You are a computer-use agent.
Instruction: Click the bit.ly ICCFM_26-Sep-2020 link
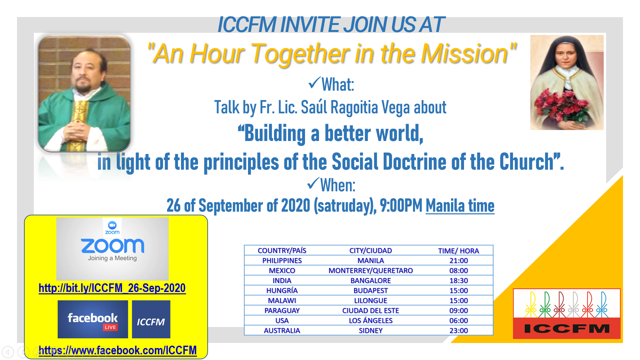[112, 288]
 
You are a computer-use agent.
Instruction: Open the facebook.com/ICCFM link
[118, 350]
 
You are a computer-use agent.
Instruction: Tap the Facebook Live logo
[93, 319]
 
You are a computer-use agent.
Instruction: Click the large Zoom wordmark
[113, 246]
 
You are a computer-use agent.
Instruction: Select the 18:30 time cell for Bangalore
[459, 281]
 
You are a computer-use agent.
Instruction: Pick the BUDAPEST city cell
[371, 291]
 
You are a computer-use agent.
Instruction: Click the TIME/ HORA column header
[459, 251]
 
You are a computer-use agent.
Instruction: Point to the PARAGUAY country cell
[282, 311]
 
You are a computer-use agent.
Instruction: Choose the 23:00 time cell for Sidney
[459, 331]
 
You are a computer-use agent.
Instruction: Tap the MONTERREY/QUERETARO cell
[371, 271]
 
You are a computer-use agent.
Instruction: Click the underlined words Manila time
[460, 206]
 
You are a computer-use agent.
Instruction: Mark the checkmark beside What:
[314, 83]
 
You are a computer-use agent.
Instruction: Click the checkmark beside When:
[313, 183]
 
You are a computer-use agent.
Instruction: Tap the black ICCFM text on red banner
[567, 329]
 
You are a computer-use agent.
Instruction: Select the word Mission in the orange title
[464, 53]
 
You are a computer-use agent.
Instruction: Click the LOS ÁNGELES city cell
[371, 321]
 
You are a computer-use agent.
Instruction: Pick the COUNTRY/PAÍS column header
[282, 251]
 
